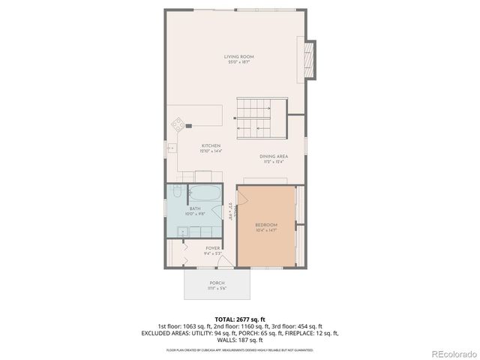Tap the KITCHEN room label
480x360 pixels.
click(x=210, y=148)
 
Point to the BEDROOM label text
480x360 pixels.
click(x=266, y=226)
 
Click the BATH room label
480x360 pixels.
click(x=195, y=211)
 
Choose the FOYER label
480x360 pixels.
click(x=212, y=248)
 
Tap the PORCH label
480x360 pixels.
click(x=217, y=284)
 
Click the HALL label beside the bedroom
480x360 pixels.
click(x=232, y=213)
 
